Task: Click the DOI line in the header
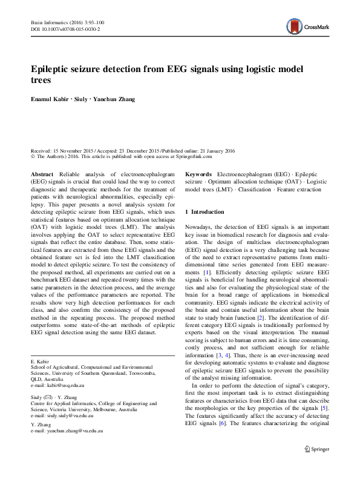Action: tap(65, 28)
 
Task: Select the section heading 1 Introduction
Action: tap(204, 212)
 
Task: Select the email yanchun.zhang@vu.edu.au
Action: tap(69, 431)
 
